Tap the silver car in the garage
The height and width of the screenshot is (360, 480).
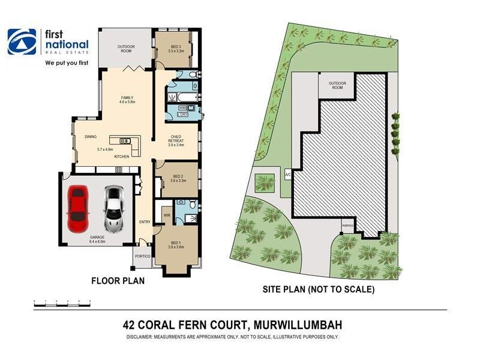tap(113, 209)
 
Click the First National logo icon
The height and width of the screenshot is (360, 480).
tap(22, 43)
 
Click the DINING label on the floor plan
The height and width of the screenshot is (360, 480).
tap(91, 136)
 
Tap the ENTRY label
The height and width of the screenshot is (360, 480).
tap(145, 222)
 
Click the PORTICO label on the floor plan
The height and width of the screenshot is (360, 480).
tap(142, 256)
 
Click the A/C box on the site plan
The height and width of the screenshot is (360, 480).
tap(287, 175)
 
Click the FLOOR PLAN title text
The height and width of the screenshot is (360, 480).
tap(117, 280)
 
